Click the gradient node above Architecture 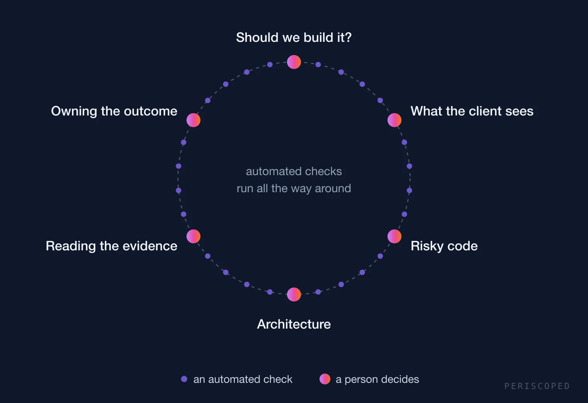(x=294, y=294)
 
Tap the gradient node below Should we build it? (x=294, y=62)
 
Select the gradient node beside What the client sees (x=394, y=120)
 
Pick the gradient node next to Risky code (x=394, y=236)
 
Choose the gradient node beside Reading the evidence (x=193, y=236)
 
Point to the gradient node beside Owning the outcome (x=193, y=120)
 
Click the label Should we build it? (x=294, y=37)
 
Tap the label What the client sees (x=472, y=111)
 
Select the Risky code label (x=444, y=246)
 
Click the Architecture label (x=294, y=324)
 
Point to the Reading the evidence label (x=111, y=246)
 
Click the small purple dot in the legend (x=184, y=379)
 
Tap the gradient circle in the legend (x=325, y=379)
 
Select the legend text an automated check (x=243, y=379)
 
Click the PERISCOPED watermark (x=537, y=386)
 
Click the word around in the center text (x=333, y=188)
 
